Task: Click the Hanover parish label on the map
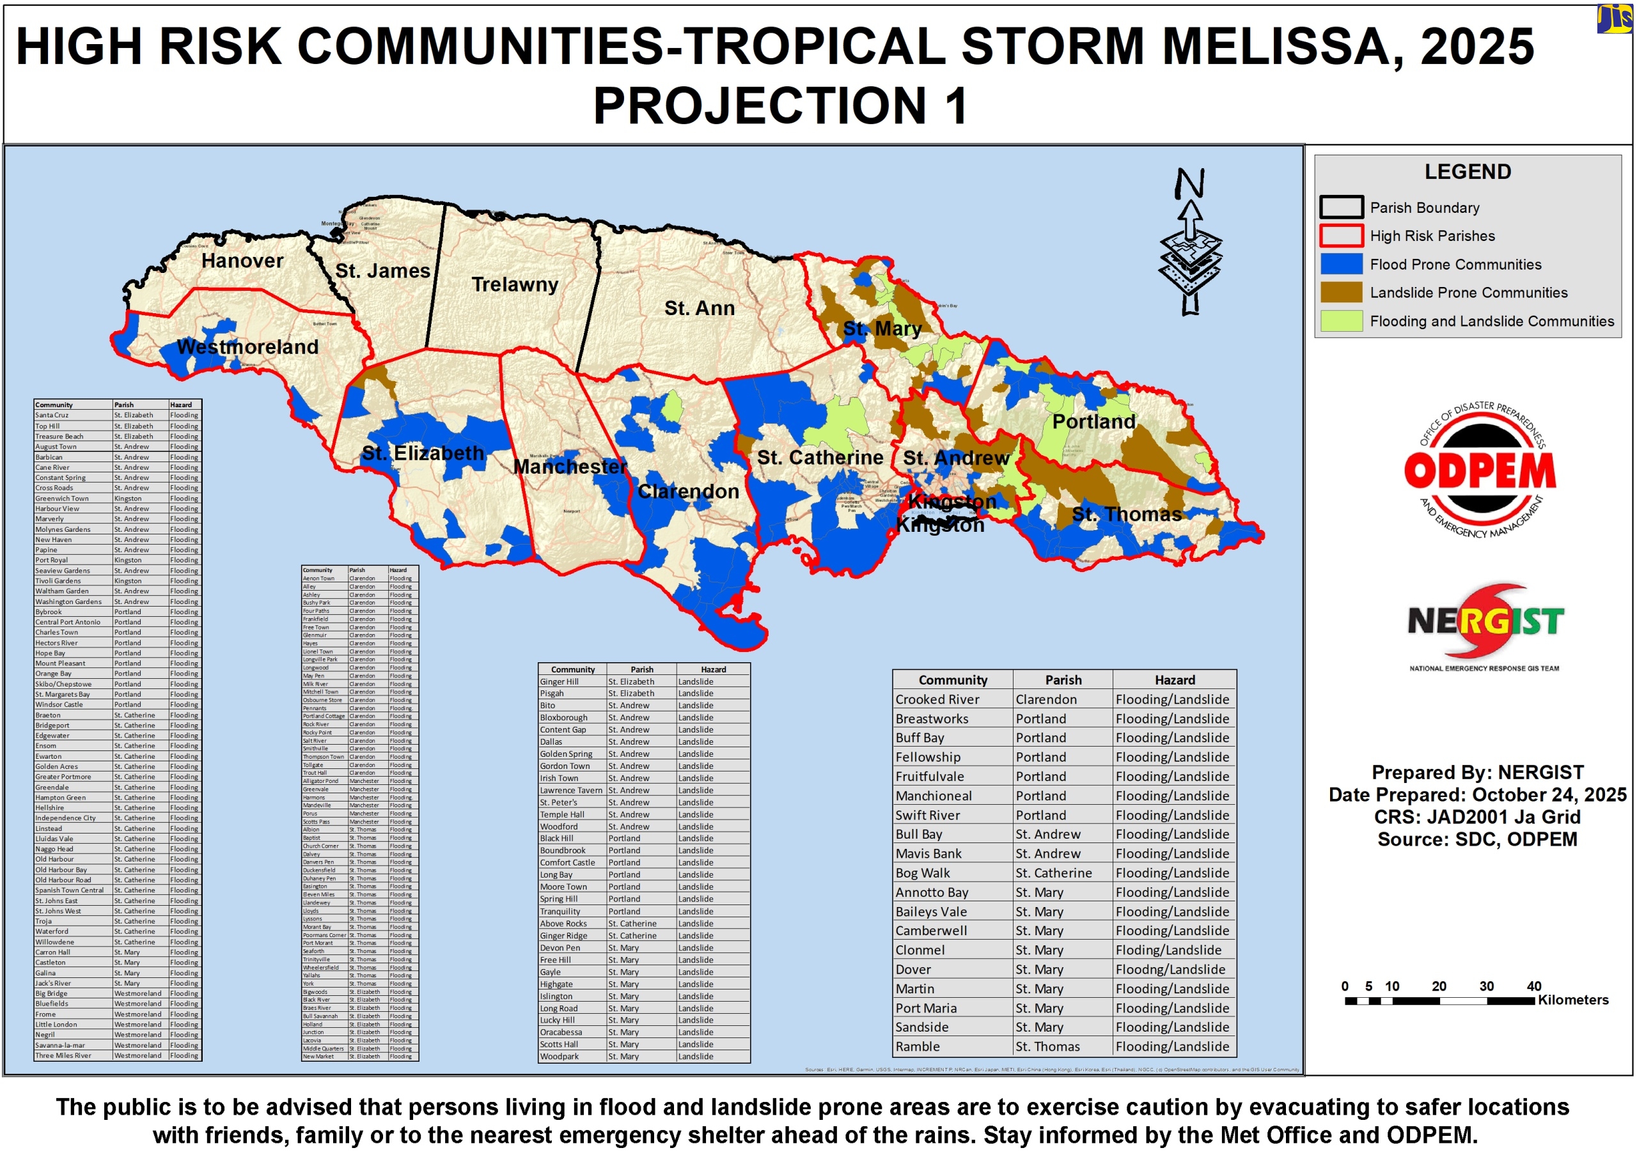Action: (x=242, y=261)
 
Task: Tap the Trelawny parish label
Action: (x=515, y=284)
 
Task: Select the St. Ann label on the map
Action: (x=699, y=308)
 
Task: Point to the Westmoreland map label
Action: (x=247, y=347)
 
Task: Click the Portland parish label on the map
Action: (x=1093, y=421)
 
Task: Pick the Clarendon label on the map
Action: (x=687, y=492)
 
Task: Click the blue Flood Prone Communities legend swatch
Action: (x=1341, y=265)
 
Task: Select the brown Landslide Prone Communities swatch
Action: (x=1341, y=292)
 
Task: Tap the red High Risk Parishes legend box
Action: (x=1341, y=236)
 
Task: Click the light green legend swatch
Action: (x=1341, y=321)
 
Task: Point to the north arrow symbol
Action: (x=1190, y=244)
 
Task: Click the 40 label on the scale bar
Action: (x=1534, y=986)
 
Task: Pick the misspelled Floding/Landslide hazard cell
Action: (x=1168, y=951)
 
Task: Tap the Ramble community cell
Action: (x=917, y=1046)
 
